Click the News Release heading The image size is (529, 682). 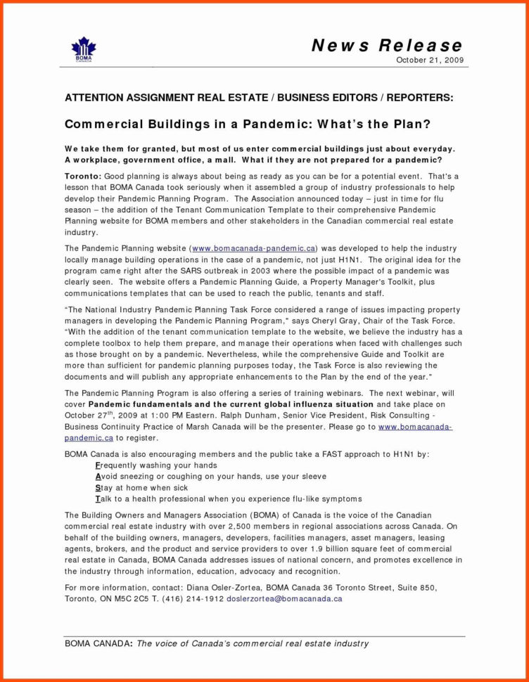[x=387, y=46]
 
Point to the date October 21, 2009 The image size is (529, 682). [x=430, y=60]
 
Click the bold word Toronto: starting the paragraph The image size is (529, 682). [x=83, y=174]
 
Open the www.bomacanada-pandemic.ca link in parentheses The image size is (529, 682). [x=253, y=248]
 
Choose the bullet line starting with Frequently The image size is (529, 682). [x=155, y=465]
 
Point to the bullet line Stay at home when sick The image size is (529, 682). [x=141, y=487]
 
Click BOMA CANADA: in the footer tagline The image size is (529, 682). [x=98, y=643]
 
